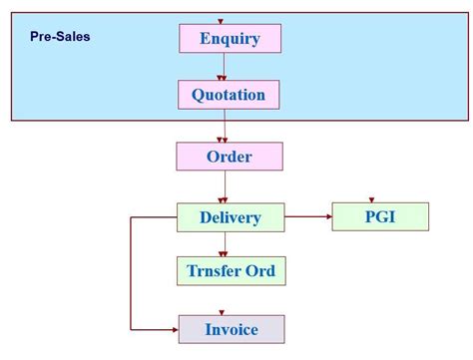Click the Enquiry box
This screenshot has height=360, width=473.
click(x=230, y=39)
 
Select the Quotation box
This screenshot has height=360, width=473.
click(x=229, y=95)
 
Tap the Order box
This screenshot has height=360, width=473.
click(x=230, y=157)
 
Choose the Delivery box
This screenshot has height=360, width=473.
click(x=230, y=217)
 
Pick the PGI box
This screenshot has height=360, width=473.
click(x=379, y=216)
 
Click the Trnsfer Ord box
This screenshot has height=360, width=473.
click(x=230, y=270)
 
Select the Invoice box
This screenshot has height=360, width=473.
click(x=231, y=329)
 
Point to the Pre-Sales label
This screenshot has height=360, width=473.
click(x=60, y=37)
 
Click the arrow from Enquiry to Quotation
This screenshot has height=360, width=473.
click(x=224, y=66)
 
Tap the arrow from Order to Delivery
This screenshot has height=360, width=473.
click(x=225, y=186)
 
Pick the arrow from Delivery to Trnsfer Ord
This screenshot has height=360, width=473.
click(x=225, y=243)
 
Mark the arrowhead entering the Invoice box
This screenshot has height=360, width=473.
click(x=174, y=328)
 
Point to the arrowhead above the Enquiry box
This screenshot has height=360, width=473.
click(x=221, y=21)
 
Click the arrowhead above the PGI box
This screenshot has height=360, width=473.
click(x=371, y=199)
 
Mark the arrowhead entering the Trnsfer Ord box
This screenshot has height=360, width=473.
click(x=225, y=252)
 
